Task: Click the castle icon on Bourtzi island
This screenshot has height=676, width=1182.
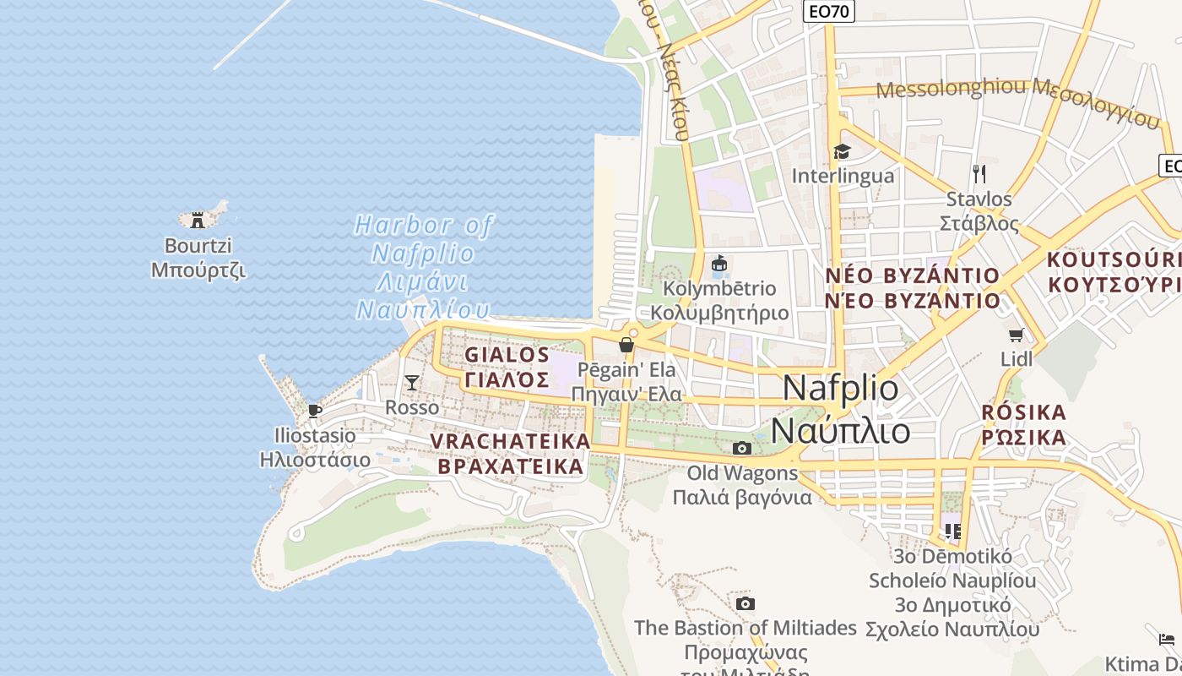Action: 198,220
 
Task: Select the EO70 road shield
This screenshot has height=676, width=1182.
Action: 828,11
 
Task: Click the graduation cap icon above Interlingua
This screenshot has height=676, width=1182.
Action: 842,151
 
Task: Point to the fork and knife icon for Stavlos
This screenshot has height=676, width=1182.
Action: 979,174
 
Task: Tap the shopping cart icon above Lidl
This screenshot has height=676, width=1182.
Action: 1017,335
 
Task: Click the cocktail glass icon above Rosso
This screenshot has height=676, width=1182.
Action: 411,383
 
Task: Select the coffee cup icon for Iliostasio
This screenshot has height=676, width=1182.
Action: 315,411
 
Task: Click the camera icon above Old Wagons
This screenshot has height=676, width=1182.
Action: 742,448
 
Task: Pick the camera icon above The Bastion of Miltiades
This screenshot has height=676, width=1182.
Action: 745,603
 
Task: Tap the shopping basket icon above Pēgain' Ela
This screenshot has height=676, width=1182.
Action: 626,345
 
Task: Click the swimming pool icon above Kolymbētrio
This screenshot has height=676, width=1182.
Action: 719,264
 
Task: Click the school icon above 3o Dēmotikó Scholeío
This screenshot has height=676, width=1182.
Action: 952,532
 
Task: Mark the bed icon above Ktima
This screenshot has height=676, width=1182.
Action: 1167,639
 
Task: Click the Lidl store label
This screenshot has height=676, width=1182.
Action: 1017,359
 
